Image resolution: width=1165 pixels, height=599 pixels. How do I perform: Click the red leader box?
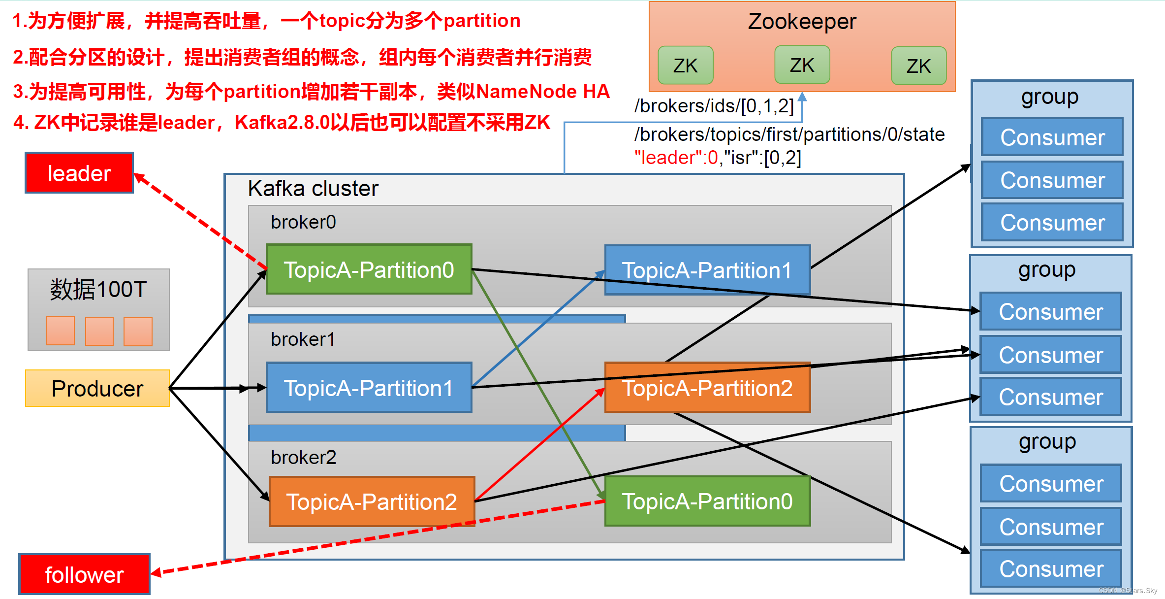pos(79,173)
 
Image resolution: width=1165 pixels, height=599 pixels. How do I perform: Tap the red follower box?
pos(84,574)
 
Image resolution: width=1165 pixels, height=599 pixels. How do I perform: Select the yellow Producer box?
pos(97,388)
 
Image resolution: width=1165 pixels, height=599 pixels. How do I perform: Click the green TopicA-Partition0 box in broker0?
pos(369,269)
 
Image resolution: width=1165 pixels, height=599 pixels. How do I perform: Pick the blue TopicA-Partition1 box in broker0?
pos(707,270)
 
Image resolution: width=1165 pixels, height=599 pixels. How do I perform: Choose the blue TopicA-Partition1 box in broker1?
pos(369,388)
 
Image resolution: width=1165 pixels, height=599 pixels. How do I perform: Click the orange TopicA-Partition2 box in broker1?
pos(707,388)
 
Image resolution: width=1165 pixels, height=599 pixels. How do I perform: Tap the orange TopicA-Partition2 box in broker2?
pos(372,501)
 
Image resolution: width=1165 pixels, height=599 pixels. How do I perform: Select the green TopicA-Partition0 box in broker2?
pos(707,501)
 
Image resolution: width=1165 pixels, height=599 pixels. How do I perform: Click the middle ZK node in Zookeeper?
pos(802,65)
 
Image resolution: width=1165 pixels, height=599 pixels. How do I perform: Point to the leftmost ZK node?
pos(686,66)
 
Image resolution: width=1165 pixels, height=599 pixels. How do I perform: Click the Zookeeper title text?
pos(802,22)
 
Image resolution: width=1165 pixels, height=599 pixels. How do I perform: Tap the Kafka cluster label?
pos(313,189)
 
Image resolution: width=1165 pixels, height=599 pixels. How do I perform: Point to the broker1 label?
pos(303,339)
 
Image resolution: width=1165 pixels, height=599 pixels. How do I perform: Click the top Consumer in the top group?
pos(1052,137)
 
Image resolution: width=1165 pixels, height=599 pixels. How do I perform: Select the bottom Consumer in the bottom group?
pos(1051,569)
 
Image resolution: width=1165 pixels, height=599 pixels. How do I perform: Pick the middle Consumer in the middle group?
pos(1051,355)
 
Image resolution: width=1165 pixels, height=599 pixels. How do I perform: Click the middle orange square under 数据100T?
pos(99,331)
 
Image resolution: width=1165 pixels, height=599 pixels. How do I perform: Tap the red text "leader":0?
pos(676,158)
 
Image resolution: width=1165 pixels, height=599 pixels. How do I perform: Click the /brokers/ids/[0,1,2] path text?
pos(714,106)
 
